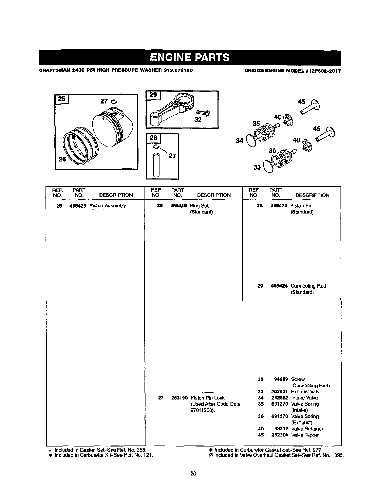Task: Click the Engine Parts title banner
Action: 190,58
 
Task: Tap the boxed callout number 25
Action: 62,99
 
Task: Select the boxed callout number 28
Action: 154,138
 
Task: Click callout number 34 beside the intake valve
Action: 240,140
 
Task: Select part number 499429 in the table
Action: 78,206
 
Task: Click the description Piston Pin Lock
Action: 207,398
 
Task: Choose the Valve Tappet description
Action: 305,435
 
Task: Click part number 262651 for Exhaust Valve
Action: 280,391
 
